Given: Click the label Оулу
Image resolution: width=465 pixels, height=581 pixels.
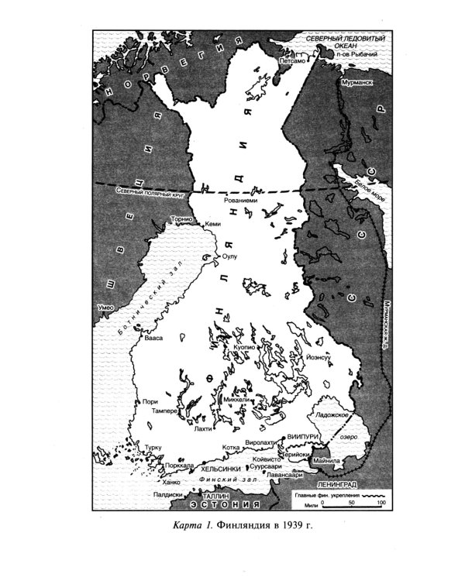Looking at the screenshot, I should [x=229, y=255].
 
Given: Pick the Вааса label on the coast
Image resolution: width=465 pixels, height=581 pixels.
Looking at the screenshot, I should [x=150, y=339].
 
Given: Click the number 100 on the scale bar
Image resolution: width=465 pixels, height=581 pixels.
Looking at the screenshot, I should [x=381, y=504].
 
